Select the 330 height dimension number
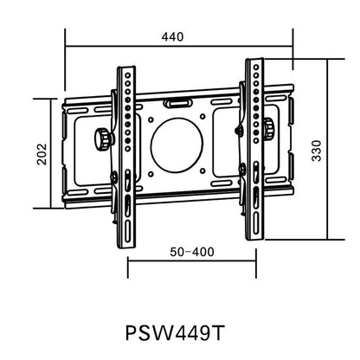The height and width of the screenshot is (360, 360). (x=318, y=151)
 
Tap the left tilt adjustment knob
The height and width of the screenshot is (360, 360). (x=105, y=138)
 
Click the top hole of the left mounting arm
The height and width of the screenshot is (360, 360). (x=126, y=74)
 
